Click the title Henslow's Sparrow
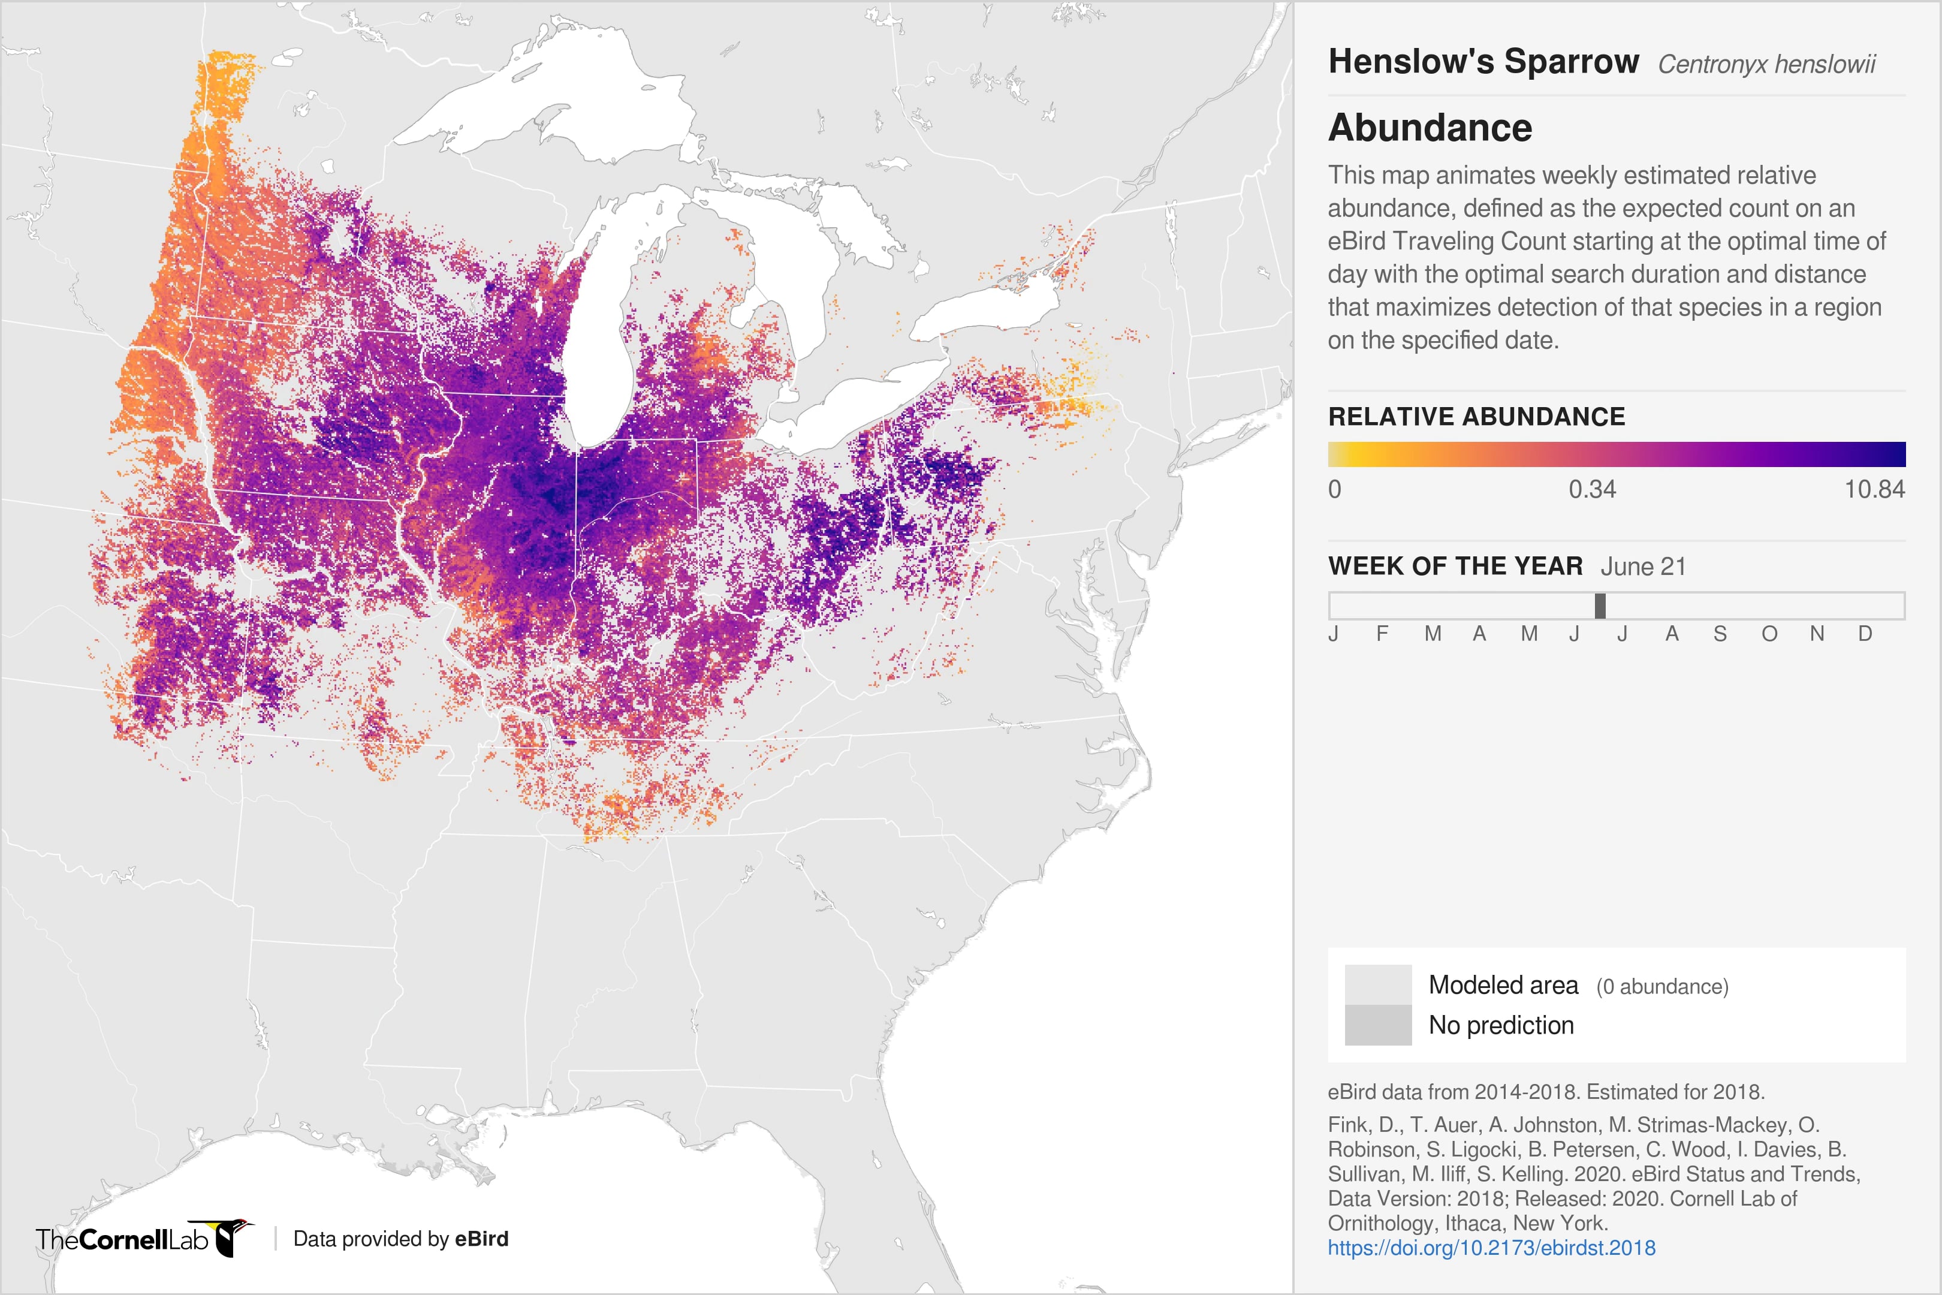click(1483, 62)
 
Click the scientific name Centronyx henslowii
click(1766, 64)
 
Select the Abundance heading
click(1430, 128)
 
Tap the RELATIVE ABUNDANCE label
click(1476, 416)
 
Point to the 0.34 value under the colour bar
click(1592, 490)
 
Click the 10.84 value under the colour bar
click(1874, 490)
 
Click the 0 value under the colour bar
click(1334, 490)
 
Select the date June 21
click(1642, 567)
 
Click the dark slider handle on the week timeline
click(1599, 606)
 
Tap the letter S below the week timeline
click(1720, 634)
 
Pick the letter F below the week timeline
click(1382, 634)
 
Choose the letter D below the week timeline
click(1865, 634)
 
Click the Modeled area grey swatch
click(1377, 984)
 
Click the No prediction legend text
click(1500, 1025)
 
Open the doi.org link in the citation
click(1491, 1247)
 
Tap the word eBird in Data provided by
click(481, 1239)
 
